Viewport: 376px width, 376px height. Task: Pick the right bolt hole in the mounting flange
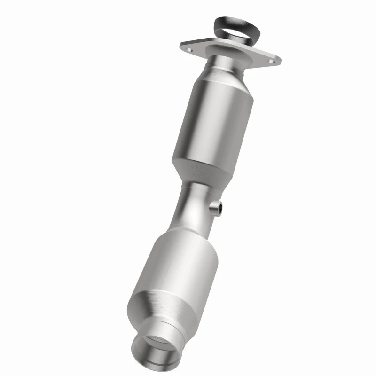271,59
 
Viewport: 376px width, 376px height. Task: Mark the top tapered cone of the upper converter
220,78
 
